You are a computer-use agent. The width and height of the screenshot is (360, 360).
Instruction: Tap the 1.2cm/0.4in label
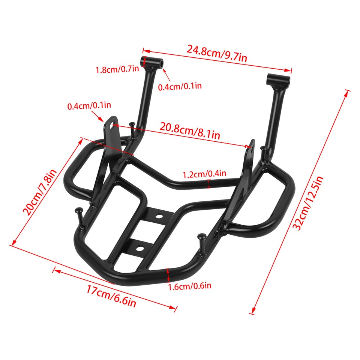[204, 174]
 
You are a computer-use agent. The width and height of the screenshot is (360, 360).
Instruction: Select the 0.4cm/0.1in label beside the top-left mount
[180, 86]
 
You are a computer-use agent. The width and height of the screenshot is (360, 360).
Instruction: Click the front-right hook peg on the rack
[202, 237]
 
